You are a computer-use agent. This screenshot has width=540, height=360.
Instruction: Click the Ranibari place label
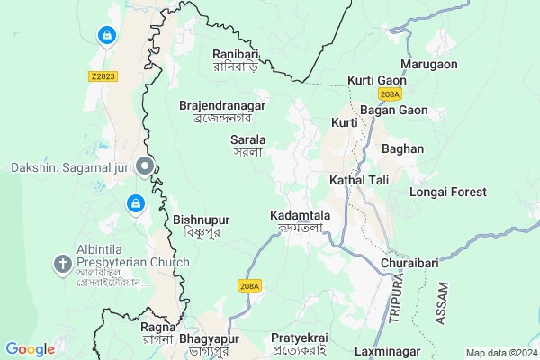236,59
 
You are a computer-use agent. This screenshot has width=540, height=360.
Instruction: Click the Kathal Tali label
359,180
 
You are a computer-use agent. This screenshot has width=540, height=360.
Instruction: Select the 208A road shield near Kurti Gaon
390,93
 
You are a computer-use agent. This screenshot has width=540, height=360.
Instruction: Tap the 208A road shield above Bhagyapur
249,285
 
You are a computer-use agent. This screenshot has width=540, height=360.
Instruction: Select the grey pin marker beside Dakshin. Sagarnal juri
145,166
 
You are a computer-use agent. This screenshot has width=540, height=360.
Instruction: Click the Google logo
30,349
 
